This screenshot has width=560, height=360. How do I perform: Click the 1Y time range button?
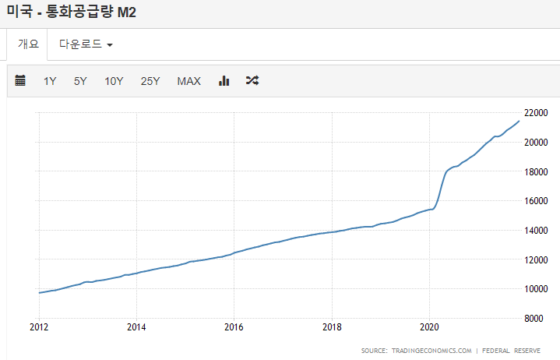[50, 81]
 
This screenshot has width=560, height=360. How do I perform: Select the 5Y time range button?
[80, 81]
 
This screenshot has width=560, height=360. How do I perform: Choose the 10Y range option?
[114, 81]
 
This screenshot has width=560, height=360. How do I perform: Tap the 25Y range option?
[150, 81]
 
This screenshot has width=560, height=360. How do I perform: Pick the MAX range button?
[189, 81]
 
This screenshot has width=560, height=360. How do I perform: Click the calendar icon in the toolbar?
[20, 80]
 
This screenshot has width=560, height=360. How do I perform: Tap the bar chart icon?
[224, 81]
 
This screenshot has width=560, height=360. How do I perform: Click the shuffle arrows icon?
[252, 80]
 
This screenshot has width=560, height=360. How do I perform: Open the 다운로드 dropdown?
[86, 44]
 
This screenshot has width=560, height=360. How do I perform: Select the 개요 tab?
[28, 44]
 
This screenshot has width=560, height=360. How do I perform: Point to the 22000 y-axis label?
[536, 113]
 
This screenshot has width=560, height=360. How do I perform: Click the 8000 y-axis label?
[534, 318]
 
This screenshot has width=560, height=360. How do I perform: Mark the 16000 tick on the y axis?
[536, 201]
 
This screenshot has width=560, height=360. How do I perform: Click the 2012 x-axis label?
[39, 326]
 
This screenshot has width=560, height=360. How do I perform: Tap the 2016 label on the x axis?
[234, 326]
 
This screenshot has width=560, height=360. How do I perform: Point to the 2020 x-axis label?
[429, 326]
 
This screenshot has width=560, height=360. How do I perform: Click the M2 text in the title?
[127, 12]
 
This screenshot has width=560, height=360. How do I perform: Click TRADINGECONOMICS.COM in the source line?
[431, 351]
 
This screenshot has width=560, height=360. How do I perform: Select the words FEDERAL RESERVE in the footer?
[511, 351]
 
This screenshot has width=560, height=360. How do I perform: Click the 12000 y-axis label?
[536, 259]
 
